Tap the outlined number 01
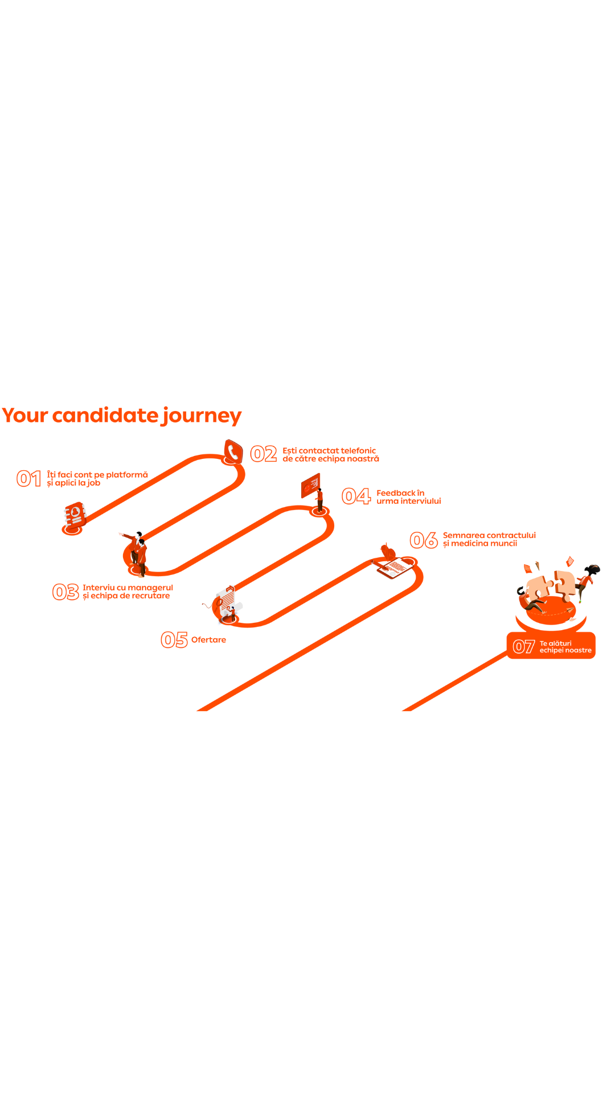tap(28, 479)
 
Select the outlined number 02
tap(264, 454)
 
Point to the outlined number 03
tap(65, 592)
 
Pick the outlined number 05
tap(174, 640)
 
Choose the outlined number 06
tap(424, 540)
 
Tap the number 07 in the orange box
tap(523, 647)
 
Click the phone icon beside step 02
tap(233, 451)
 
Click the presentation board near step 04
tap(310, 485)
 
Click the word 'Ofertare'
tap(208, 640)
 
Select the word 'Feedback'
tap(396, 493)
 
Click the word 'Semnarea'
tap(463, 535)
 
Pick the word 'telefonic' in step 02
tap(359, 451)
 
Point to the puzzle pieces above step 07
tap(550, 586)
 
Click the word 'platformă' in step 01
tap(127, 475)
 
